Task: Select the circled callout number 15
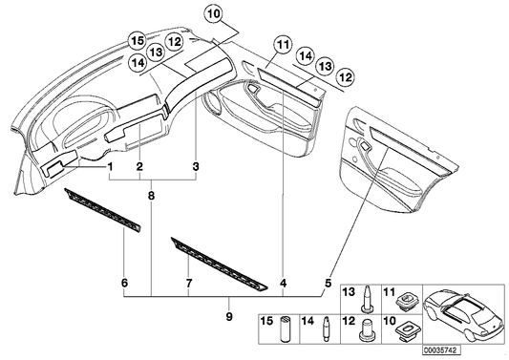point(138,41)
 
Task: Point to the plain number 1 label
point(111,166)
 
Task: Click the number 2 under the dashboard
point(139,166)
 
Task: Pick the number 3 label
point(196,166)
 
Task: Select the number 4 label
point(284,284)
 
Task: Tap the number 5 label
point(329,284)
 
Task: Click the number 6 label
point(124,284)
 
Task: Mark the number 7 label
point(189,284)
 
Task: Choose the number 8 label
point(151,194)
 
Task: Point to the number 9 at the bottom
point(227,315)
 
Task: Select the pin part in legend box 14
point(328,334)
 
